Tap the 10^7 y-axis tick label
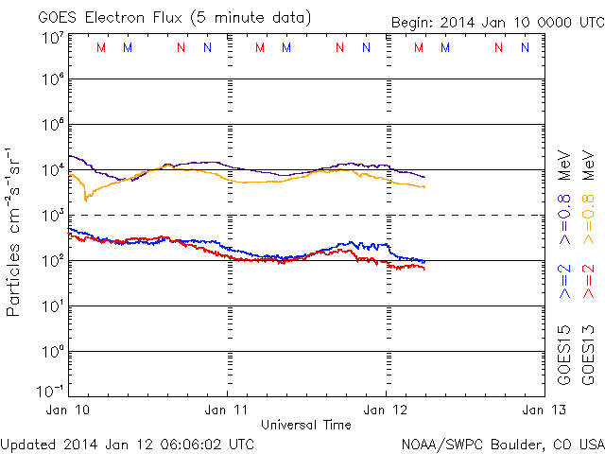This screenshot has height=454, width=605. pyautogui.click(x=52, y=38)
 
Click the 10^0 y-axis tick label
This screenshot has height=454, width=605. pyautogui.click(x=52, y=351)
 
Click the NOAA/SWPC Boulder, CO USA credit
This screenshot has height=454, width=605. pyautogui.click(x=501, y=443)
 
